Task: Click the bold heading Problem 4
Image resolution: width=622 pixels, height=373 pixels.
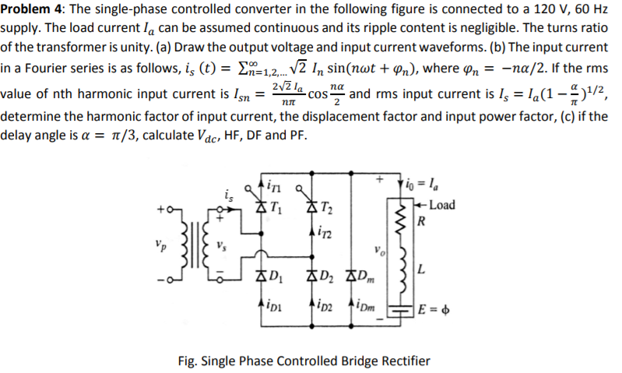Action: [x=31, y=9]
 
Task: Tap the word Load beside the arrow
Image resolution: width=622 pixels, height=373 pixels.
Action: [x=442, y=206]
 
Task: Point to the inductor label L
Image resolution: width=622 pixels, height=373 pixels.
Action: [x=421, y=270]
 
